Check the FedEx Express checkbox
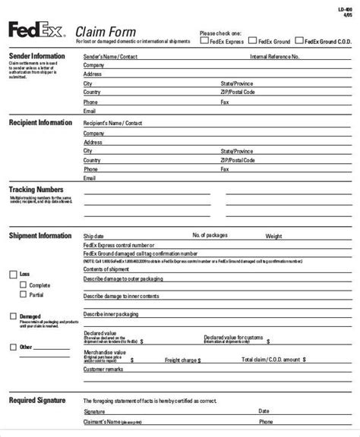click(205, 42)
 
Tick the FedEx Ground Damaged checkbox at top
click(299, 42)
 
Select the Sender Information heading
click(36, 56)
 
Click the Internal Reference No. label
click(274, 57)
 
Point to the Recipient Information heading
click(40, 122)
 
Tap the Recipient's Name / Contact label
click(112, 122)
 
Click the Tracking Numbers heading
click(36, 188)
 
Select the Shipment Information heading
click(40, 235)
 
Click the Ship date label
click(95, 236)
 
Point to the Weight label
click(273, 236)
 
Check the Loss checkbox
click(13, 274)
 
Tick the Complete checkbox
click(23, 285)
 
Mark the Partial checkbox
click(23, 295)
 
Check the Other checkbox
click(13, 347)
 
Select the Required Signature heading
click(36, 399)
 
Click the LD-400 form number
click(346, 9)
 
